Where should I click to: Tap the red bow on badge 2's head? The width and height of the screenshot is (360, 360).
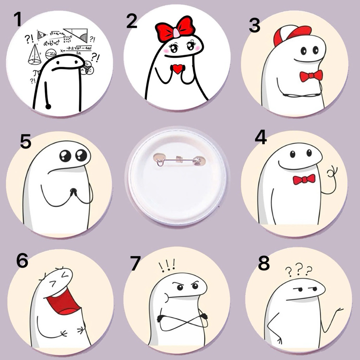point(175,27)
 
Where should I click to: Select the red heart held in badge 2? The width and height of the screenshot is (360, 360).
point(178,69)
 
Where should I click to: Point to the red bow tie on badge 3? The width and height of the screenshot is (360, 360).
point(311,76)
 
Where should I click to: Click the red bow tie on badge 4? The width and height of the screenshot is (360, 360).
point(304,179)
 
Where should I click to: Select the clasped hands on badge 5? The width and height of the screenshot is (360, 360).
point(73,192)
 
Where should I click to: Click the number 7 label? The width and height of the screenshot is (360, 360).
point(135,264)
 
